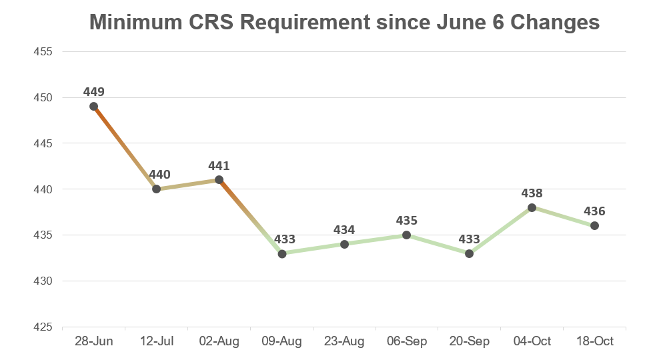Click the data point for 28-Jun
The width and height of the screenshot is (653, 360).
(x=94, y=106)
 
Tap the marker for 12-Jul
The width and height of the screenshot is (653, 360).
(x=157, y=189)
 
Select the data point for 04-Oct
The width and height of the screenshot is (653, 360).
(x=532, y=207)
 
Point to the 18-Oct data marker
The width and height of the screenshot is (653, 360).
(x=594, y=225)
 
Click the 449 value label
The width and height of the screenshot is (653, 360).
(x=94, y=91)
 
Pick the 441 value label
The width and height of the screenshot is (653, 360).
(x=219, y=165)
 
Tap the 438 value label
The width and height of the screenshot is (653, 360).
(x=532, y=193)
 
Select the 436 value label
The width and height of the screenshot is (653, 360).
(x=594, y=211)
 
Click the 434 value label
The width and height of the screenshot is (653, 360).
(x=344, y=229)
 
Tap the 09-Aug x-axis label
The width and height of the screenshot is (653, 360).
(x=281, y=342)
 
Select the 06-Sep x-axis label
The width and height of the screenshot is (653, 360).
(x=406, y=342)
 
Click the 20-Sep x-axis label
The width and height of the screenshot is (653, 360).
(x=469, y=342)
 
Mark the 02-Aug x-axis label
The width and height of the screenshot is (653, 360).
(x=219, y=342)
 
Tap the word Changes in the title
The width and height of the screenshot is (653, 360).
(x=558, y=23)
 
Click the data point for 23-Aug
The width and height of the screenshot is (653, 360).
(x=344, y=244)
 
